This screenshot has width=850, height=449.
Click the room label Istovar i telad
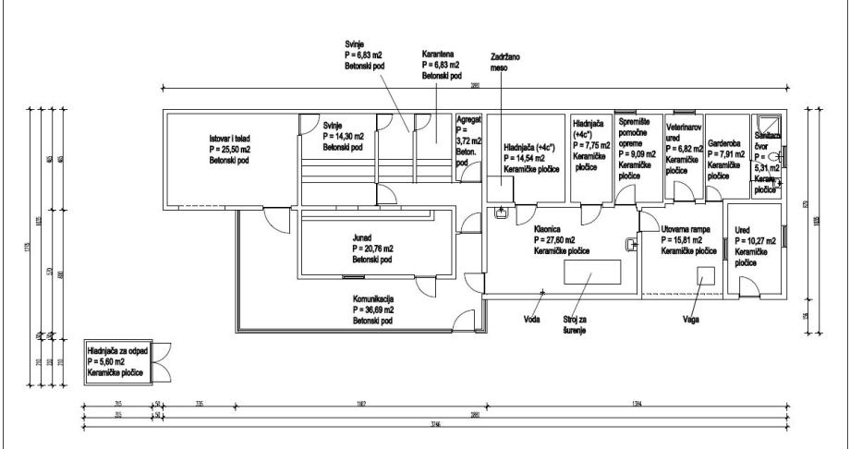coord(219,138)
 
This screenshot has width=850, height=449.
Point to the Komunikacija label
coord(373,299)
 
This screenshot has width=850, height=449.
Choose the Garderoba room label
coord(722,144)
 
